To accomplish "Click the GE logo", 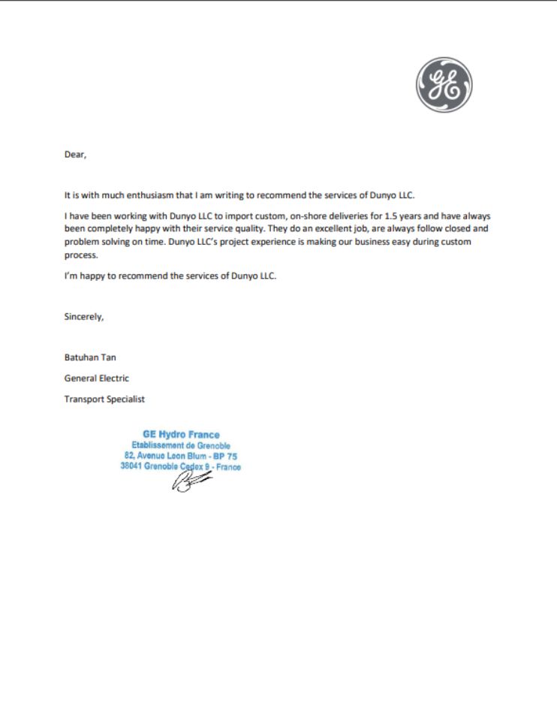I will (x=444, y=86).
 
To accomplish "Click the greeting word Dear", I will (x=75, y=155).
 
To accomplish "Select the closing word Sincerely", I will (x=84, y=317).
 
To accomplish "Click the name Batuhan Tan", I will (x=89, y=357).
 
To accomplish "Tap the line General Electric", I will (x=97, y=379).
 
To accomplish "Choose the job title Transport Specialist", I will (x=104, y=400).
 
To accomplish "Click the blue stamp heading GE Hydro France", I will (x=181, y=435).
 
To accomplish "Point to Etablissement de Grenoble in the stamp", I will (x=181, y=445).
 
